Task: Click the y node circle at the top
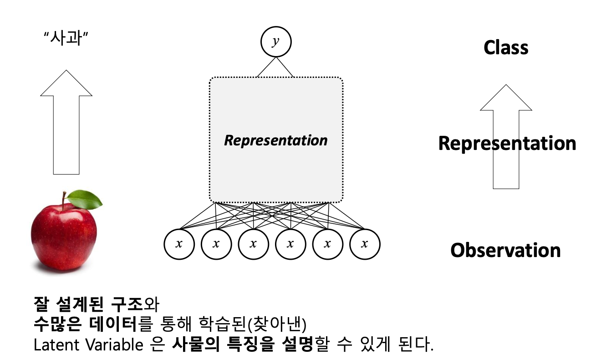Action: pyautogui.click(x=275, y=42)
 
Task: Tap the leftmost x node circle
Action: pyautogui.click(x=179, y=244)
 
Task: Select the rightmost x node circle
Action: pyautogui.click(x=364, y=244)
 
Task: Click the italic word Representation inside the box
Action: pyautogui.click(x=275, y=140)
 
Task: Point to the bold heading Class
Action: pyautogui.click(x=506, y=48)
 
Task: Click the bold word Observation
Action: pyautogui.click(x=505, y=250)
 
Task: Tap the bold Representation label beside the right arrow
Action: pyautogui.click(x=507, y=144)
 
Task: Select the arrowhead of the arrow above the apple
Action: pyautogui.click(x=66, y=84)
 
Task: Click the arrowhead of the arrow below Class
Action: pyautogui.click(x=506, y=98)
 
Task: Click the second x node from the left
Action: pyautogui.click(x=216, y=244)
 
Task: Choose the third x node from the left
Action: pyautogui.click(x=253, y=244)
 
